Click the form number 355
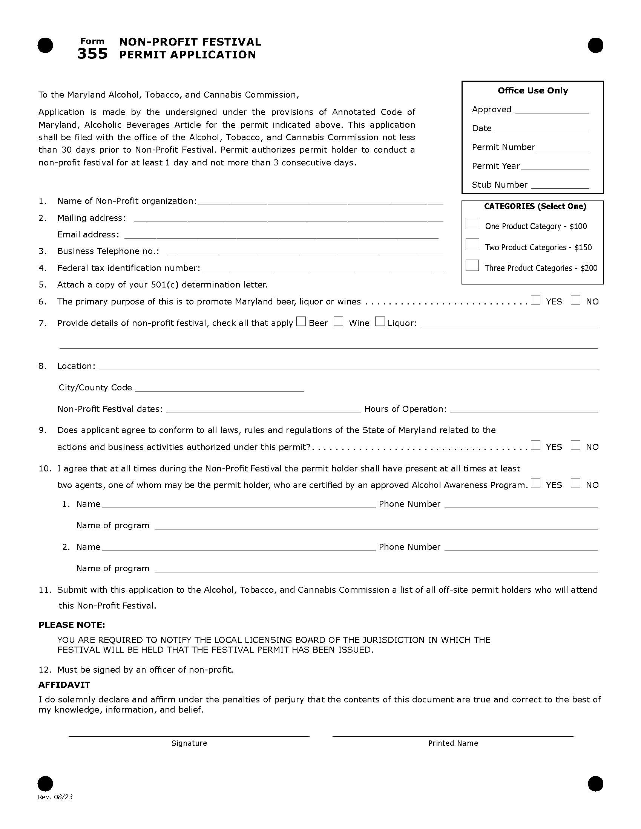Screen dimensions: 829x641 coord(92,54)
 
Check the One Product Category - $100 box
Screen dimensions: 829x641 coord(472,224)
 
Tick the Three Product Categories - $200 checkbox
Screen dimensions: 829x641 coord(472,265)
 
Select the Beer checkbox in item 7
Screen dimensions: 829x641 coord(301,321)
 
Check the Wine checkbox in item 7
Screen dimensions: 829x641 coord(338,321)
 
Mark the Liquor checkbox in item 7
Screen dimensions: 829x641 coord(380,321)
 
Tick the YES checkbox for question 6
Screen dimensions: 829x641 coord(536,300)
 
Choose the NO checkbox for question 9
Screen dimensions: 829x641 coord(576,445)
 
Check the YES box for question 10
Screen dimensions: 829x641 coord(536,483)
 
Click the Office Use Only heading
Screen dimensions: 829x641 coord(532,90)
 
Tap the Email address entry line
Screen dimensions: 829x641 coord(281,236)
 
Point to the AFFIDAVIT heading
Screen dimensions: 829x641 coord(64,685)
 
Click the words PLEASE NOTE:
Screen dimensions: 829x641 coord(71,625)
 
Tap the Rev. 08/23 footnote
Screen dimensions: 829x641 coord(55,797)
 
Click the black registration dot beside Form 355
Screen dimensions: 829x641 coord(45,46)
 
